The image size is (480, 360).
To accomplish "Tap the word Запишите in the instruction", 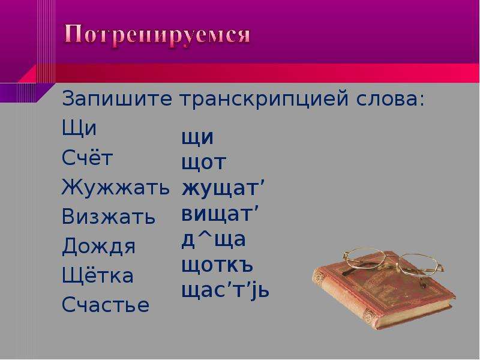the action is click(x=116, y=99).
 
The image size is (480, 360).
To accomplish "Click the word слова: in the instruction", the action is click(x=391, y=99).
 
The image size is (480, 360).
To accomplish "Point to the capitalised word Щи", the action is click(x=79, y=128).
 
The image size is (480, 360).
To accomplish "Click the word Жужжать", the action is click(x=115, y=187).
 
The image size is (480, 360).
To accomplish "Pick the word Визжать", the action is click(x=109, y=216).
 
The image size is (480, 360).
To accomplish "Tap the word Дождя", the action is click(x=98, y=246).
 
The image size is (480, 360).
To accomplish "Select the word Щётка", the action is click(x=98, y=275).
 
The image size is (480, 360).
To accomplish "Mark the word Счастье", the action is click(x=106, y=304).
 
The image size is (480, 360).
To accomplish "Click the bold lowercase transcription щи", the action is click(x=197, y=138).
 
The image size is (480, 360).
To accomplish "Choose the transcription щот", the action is click(x=204, y=163).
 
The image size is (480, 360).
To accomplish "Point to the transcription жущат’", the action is click(x=223, y=188).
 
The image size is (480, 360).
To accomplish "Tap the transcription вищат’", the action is click(x=220, y=214).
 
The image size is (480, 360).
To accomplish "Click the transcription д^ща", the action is click(x=214, y=239).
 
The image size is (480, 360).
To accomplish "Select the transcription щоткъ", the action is click(x=217, y=265).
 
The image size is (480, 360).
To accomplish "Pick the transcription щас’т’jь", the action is click(x=226, y=291).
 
